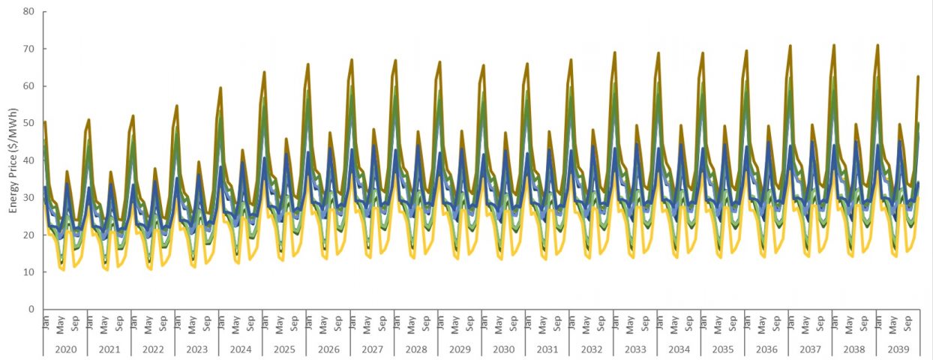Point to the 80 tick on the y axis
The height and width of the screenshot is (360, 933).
(29, 12)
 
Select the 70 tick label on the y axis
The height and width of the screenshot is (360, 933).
(29, 49)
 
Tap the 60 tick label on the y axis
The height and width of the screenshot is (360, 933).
(29, 86)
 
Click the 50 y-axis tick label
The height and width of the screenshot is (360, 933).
(29, 124)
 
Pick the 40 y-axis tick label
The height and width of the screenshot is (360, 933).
(29, 160)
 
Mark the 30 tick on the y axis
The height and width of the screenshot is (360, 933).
(29, 198)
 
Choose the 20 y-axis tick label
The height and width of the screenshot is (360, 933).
(29, 235)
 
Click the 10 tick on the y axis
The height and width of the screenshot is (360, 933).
(29, 272)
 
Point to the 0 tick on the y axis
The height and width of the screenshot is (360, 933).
(31, 309)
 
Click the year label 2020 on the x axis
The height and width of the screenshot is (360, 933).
(65, 349)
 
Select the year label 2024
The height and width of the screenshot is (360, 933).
(241, 349)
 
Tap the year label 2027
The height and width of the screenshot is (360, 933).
(372, 349)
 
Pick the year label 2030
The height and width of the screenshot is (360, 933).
(504, 349)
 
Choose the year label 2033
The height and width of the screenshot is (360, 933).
(635, 349)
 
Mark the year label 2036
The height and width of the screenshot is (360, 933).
(766, 349)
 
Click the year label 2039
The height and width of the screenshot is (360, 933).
(898, 349)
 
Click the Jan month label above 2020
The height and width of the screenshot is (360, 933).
(45, 323)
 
